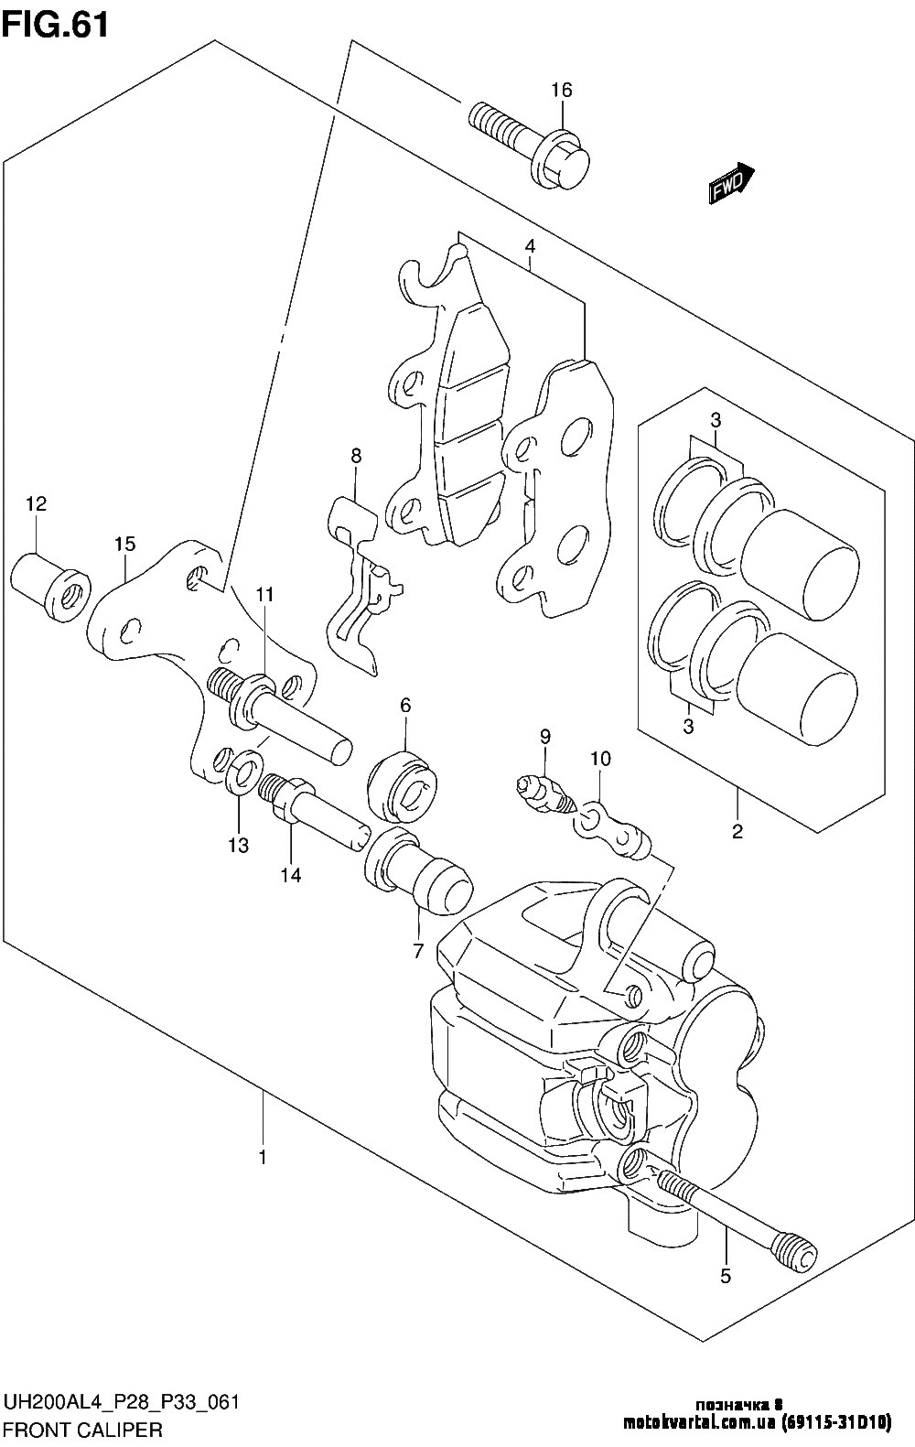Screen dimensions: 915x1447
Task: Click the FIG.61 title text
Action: pyautogui.click(x=56, y=27)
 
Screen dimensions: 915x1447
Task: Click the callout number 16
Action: pyautogui.click(x=562, y=91)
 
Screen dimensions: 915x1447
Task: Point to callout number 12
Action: pyautogui.click(x=37, y=504)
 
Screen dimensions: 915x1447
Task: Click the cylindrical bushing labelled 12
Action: pyautogui.click(x=50, y=586)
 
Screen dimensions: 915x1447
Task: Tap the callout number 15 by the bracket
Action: pyautogui.click(x=125, y=544)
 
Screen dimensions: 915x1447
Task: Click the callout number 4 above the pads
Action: pyautogui.click(x=530, y=246)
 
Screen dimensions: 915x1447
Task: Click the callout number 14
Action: pyautogui.click(x=291, y=875)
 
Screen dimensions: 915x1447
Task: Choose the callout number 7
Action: pyautogui.click(x=418, y=952)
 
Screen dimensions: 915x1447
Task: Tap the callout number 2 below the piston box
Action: pyautogui.click(x=737, y=831)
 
